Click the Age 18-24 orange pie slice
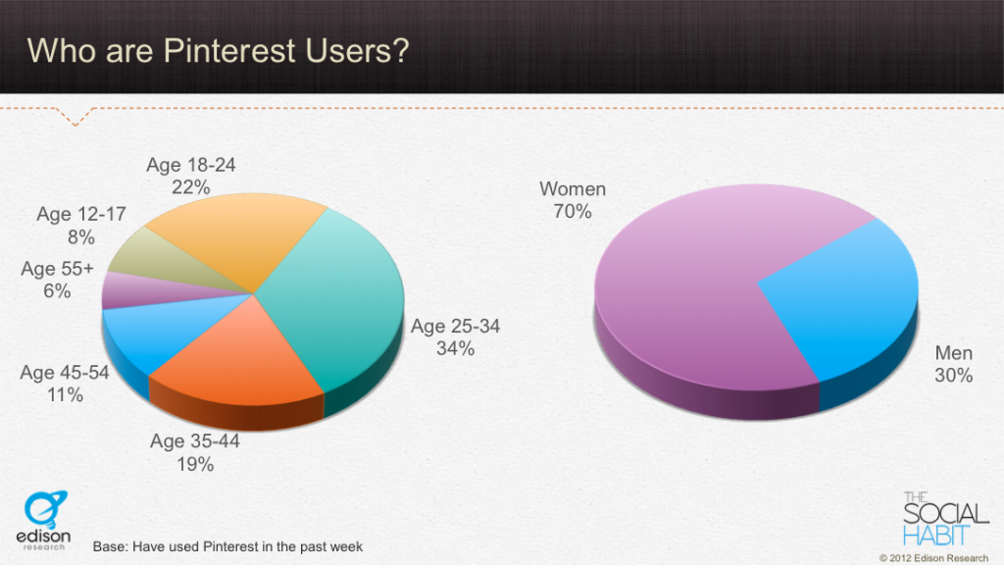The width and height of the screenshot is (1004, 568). click(237, 237)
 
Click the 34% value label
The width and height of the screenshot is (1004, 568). click(455, 348)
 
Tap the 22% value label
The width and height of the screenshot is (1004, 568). click(191, 187)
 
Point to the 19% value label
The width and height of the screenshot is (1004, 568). click(195, 464)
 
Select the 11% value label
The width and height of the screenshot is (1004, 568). click(65, 394)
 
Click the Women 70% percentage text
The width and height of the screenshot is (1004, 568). click(573, 211)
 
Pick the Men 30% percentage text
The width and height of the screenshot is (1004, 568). click(953, 376)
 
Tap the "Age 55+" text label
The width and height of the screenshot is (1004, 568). click(57, 269)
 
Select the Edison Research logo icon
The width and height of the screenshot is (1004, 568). click(45, 508)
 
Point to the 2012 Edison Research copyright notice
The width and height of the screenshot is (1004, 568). click(933, 558)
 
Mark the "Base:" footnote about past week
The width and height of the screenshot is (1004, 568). click(227, 546)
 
